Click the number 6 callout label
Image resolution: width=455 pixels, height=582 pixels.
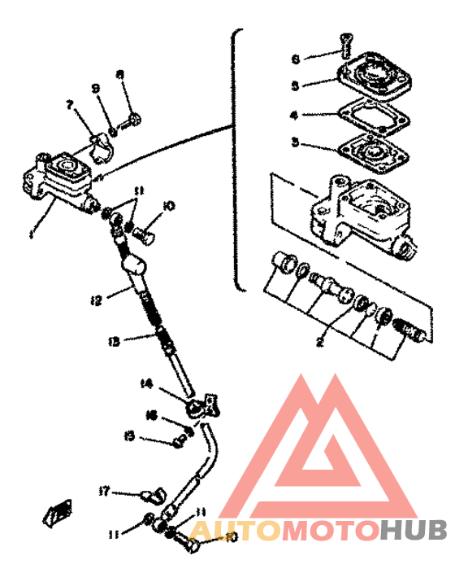tap(296, 59)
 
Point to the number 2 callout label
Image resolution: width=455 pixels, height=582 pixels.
tap(319, 343)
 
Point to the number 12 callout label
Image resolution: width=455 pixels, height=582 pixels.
tap(96, 301)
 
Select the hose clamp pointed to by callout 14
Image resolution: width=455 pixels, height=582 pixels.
tap(197, 403)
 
